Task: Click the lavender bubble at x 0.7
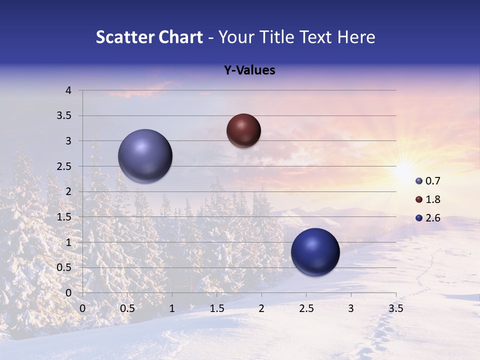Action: coord(145,156)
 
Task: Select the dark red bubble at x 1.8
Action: coord(243,130)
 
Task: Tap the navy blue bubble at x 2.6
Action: coord(315,252)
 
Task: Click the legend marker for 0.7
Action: coord(419,181)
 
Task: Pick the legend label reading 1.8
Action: coord(433,199)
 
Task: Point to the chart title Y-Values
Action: coord(249,70)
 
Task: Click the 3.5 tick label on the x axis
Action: coord(395,308)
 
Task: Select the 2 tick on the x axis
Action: coord(261,308)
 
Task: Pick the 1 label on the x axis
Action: coord(172,308)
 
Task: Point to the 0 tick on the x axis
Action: coord(83,308)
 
